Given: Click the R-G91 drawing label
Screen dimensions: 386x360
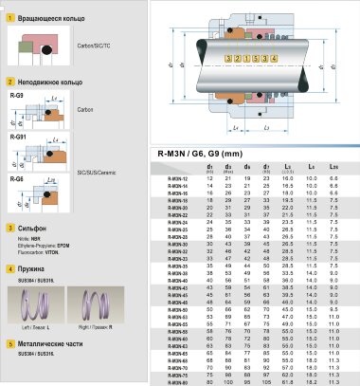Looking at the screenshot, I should click(x=15, y=137).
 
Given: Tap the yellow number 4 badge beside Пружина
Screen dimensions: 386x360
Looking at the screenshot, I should click(x=9, y=269).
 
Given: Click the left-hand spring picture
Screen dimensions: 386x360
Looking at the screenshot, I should click(x=38, y=303).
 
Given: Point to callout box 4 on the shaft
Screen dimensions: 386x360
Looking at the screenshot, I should click(x=274, y=58).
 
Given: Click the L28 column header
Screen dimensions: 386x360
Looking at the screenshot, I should click(x=332, y=168).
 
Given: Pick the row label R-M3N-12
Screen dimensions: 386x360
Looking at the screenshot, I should click(x=177, y=178).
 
